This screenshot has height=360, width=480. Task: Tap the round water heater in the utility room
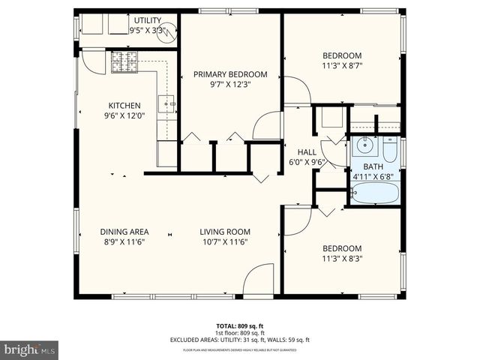tap(170, 31)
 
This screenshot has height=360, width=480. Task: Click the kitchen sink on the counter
tap(166, 103)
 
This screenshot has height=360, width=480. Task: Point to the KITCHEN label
tap(124, 105)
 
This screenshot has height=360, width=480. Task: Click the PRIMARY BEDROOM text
tap(230, 74)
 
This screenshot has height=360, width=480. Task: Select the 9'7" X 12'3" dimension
tap(230, 85)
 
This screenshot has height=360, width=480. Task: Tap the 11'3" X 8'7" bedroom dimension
tap(342, 66)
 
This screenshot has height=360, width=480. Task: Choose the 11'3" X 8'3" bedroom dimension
tap(342, 259)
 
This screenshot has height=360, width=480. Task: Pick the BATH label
tap(373, 166)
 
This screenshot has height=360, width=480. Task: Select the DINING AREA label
tap(124, 232)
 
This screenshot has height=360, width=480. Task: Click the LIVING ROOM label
tap(225, 232)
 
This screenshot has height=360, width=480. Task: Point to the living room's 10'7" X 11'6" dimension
tap(225, 241)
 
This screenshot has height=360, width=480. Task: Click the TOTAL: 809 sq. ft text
tap(239, 325)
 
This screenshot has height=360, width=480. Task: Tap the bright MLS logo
tap(30, 349)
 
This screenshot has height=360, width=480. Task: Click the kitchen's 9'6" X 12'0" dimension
tap(124, 115)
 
